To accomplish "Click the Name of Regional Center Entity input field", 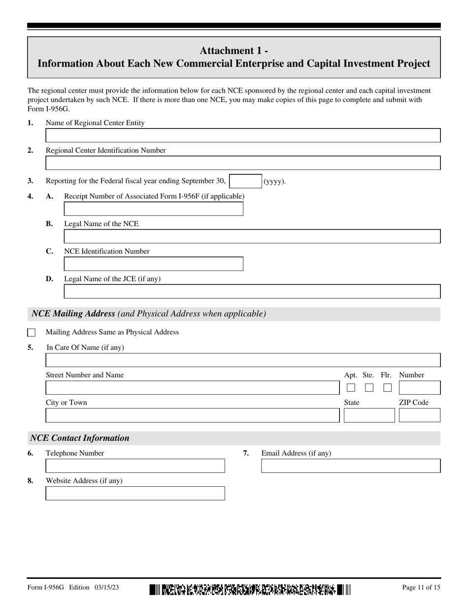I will coord(243,135).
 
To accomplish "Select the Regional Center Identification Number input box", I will coord(243,163).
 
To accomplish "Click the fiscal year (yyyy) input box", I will coord(245,181).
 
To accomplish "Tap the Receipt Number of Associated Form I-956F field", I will coord(153,209).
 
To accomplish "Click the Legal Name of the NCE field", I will coord(252,236).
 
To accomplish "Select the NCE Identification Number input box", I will coord(153,264).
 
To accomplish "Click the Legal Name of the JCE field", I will coord(252,292).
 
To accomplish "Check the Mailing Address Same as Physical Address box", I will coord(32,333).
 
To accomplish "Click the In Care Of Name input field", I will coord(243,360).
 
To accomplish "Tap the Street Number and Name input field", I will coord(192,388).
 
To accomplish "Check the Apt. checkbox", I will coord(351,388).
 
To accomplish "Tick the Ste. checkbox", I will coord(369,388).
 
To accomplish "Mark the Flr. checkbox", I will coord(388,388).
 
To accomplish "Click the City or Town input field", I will coord(192,415).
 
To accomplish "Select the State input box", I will coord(369,415).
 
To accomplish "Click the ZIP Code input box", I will coord(419,415).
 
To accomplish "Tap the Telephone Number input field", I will coord(135,466).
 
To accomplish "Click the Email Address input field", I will coord(350,466).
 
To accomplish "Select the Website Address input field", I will coord(135,494).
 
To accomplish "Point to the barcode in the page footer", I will coord(250,589).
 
